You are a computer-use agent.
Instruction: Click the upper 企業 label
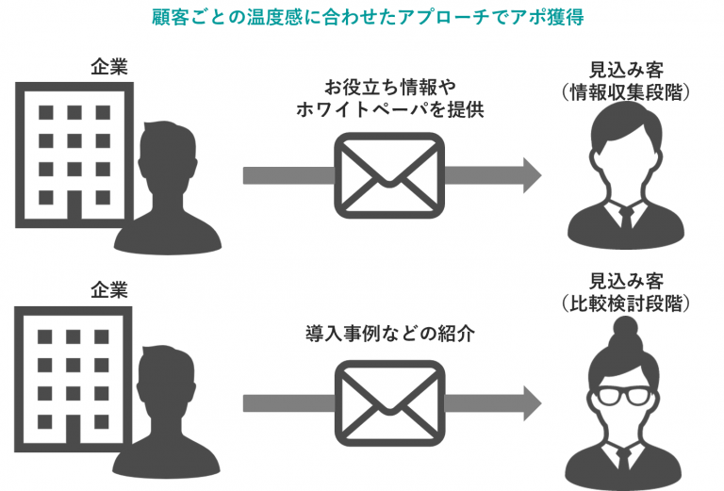click(108, 66)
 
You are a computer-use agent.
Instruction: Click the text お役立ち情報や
click(389, 87)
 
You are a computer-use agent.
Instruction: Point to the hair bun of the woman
click(625, 330)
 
